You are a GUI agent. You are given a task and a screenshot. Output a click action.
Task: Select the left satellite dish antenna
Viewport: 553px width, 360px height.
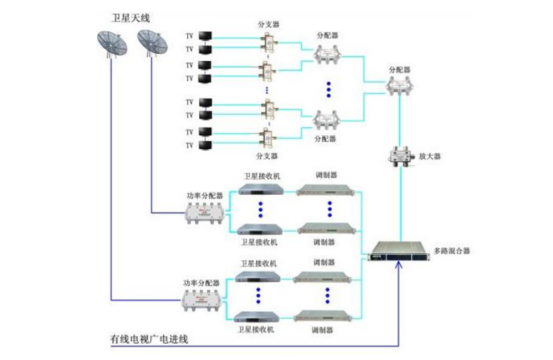[111, 45]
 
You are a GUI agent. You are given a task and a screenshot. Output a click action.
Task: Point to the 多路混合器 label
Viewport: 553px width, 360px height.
[452, 250]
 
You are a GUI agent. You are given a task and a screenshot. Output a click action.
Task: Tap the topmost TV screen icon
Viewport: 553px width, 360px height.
[205, 35]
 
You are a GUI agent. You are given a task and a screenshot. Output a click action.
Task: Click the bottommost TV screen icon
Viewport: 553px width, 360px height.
[205, 145]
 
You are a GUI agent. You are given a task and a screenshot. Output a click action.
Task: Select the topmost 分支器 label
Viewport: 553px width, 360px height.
[267, 23]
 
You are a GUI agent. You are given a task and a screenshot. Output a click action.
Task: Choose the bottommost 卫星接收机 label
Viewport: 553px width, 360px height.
[258, 330]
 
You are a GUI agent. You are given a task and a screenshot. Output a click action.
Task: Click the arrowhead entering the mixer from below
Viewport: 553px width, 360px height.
[400, 265]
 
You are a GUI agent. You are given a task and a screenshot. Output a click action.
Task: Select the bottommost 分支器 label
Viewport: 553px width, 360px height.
[267, 155]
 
